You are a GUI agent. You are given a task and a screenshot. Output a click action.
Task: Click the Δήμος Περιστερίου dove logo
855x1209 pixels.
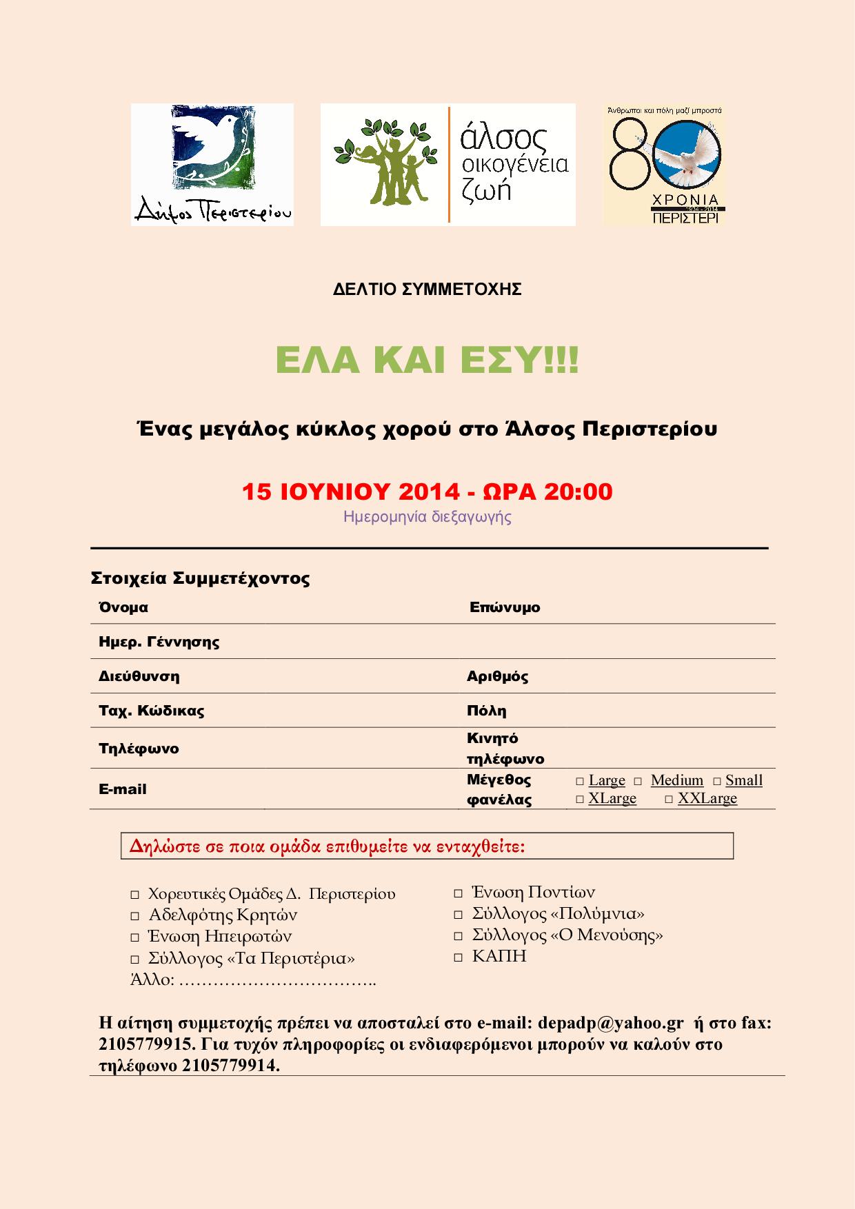pos(212,164)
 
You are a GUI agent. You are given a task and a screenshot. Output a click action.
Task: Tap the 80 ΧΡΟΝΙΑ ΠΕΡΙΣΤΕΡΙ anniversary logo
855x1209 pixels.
pos(664,164)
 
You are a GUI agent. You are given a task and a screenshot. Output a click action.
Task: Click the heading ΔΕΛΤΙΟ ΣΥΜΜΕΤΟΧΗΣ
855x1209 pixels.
pos(428,289)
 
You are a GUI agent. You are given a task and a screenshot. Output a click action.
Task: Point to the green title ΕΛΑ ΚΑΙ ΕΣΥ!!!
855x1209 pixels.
pos(428,361)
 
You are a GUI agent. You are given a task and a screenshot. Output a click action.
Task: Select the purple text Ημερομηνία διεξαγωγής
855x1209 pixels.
pos(428,516)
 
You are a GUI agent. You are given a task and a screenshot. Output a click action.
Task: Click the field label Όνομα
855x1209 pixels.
pos(123,608)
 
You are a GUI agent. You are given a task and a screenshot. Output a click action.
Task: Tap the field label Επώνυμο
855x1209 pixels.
pos(505,608)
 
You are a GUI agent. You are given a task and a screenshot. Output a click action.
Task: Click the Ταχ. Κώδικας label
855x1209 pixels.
pos(152,711)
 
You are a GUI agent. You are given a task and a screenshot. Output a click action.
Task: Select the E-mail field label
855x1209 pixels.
pos(123,789)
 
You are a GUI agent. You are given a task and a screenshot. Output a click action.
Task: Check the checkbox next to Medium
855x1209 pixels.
pos(638,781)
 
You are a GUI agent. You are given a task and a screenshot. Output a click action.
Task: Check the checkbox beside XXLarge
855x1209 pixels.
pos(669,799)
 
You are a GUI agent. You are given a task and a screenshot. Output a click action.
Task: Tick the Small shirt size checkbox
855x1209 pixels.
pos(717,781)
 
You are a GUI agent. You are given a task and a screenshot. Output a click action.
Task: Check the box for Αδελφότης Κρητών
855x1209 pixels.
pos(135,916)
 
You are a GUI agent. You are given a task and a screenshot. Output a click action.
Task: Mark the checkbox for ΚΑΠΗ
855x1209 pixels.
pos(459,957)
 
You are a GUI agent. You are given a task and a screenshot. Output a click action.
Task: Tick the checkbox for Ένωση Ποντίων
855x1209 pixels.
pos(459,893)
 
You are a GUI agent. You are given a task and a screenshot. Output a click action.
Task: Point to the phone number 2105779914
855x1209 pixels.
pos(230,1065)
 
